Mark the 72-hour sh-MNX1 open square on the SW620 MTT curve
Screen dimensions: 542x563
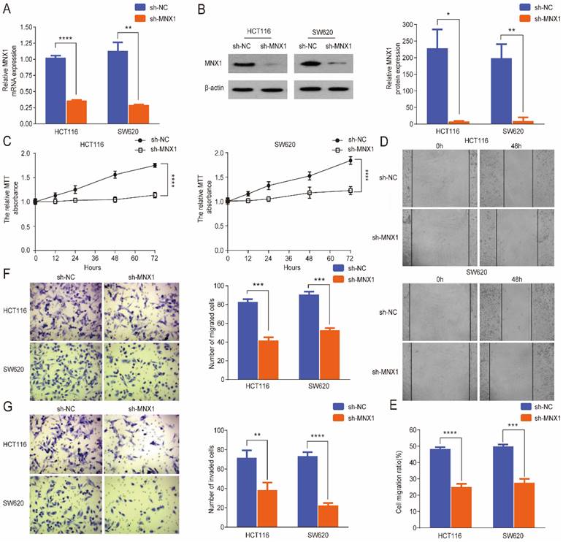351,191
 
